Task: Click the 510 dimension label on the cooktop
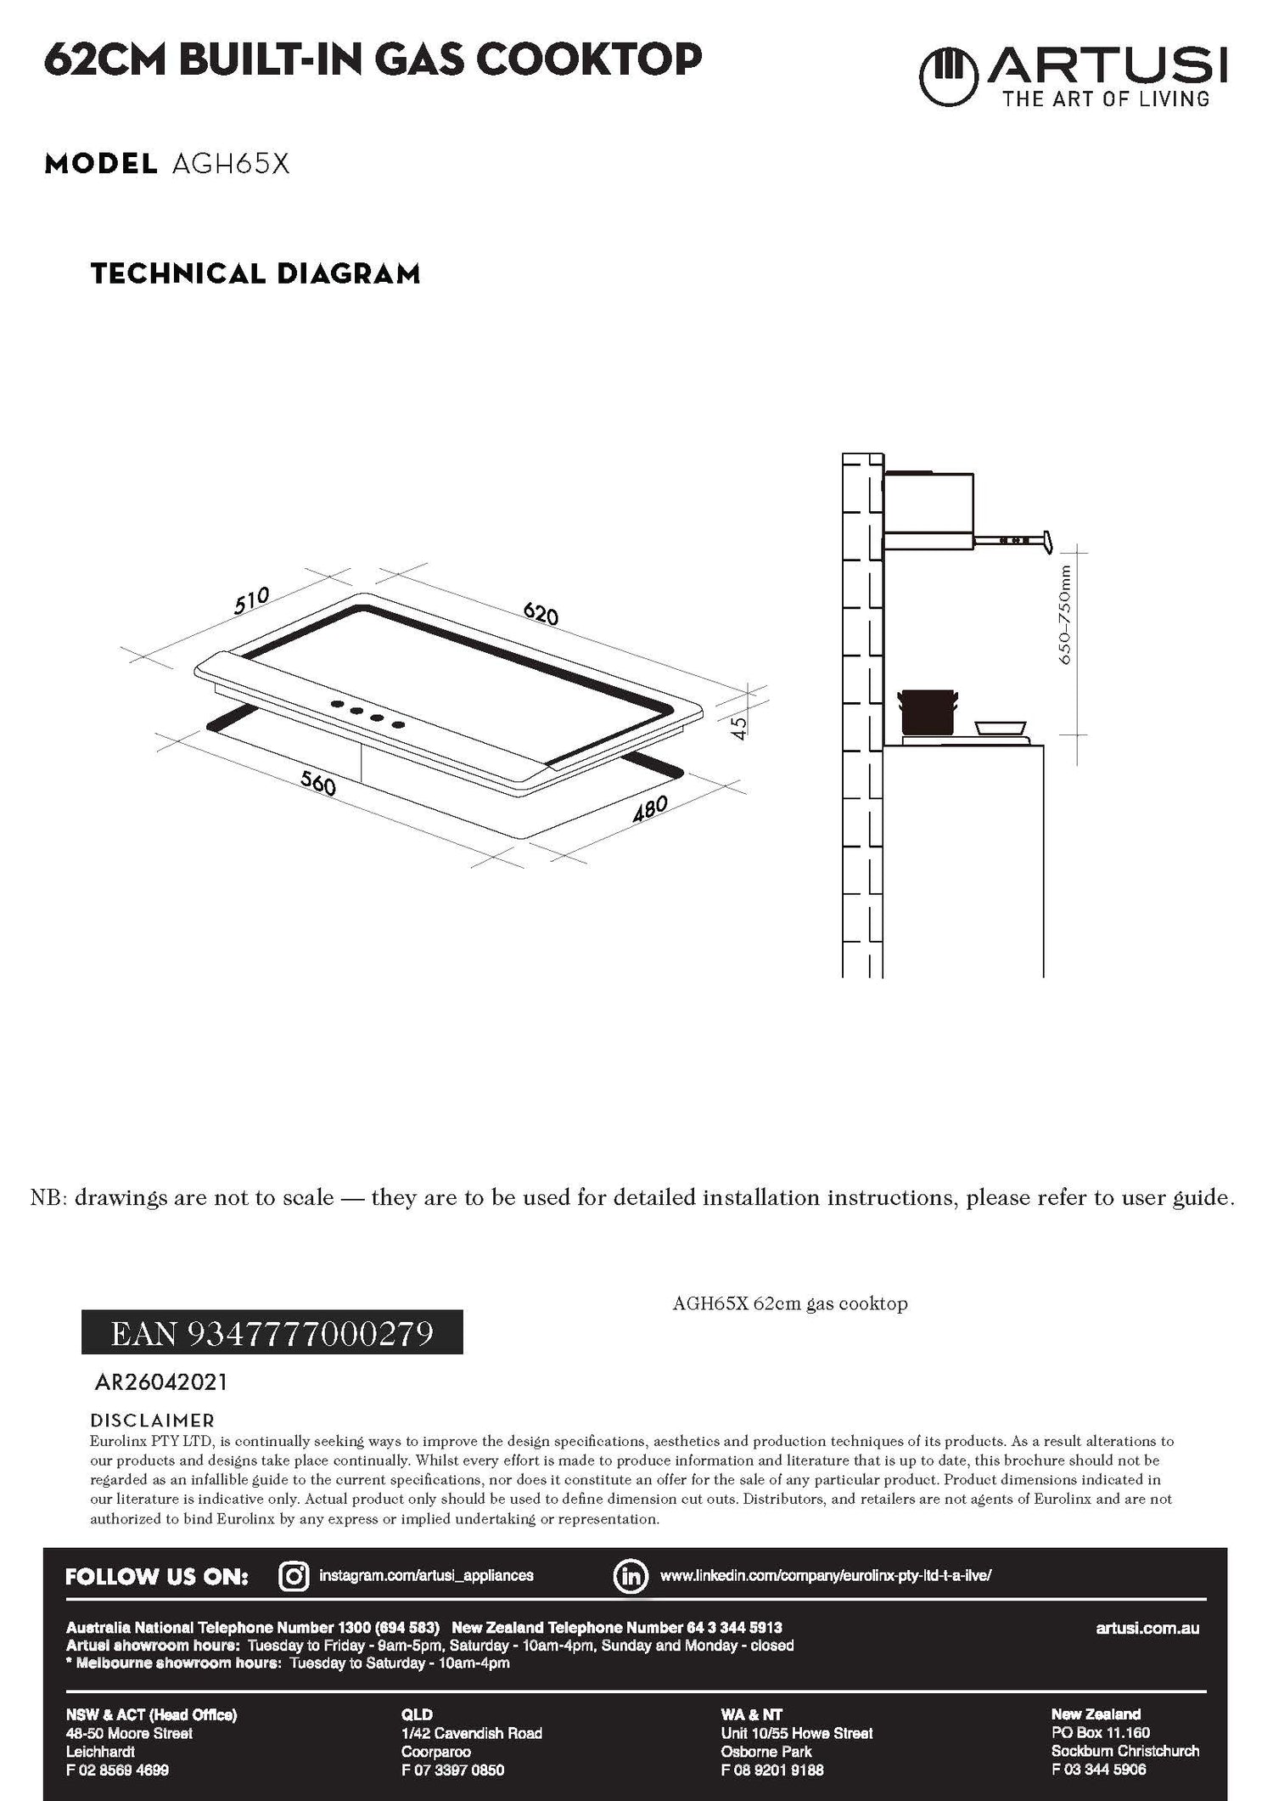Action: (x=251, y=599)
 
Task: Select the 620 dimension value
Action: (x=541, y=613)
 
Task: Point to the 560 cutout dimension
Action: (x=318, y=785)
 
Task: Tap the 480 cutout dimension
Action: (x=651, y=809)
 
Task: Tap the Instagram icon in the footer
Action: (x=294, y=1576)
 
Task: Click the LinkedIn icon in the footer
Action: (x=631, y=1576)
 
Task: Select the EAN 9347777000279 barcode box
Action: (x=272, y=1331)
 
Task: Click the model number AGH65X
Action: (x=231, y=164)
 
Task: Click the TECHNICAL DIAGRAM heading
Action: (x=255, y=274)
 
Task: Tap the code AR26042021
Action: (x=161, y=1382)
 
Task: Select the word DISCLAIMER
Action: (x=152, y=1421)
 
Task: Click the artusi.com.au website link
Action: (x=1147, y=1628)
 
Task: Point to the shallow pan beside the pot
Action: (x=1001, y=728)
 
